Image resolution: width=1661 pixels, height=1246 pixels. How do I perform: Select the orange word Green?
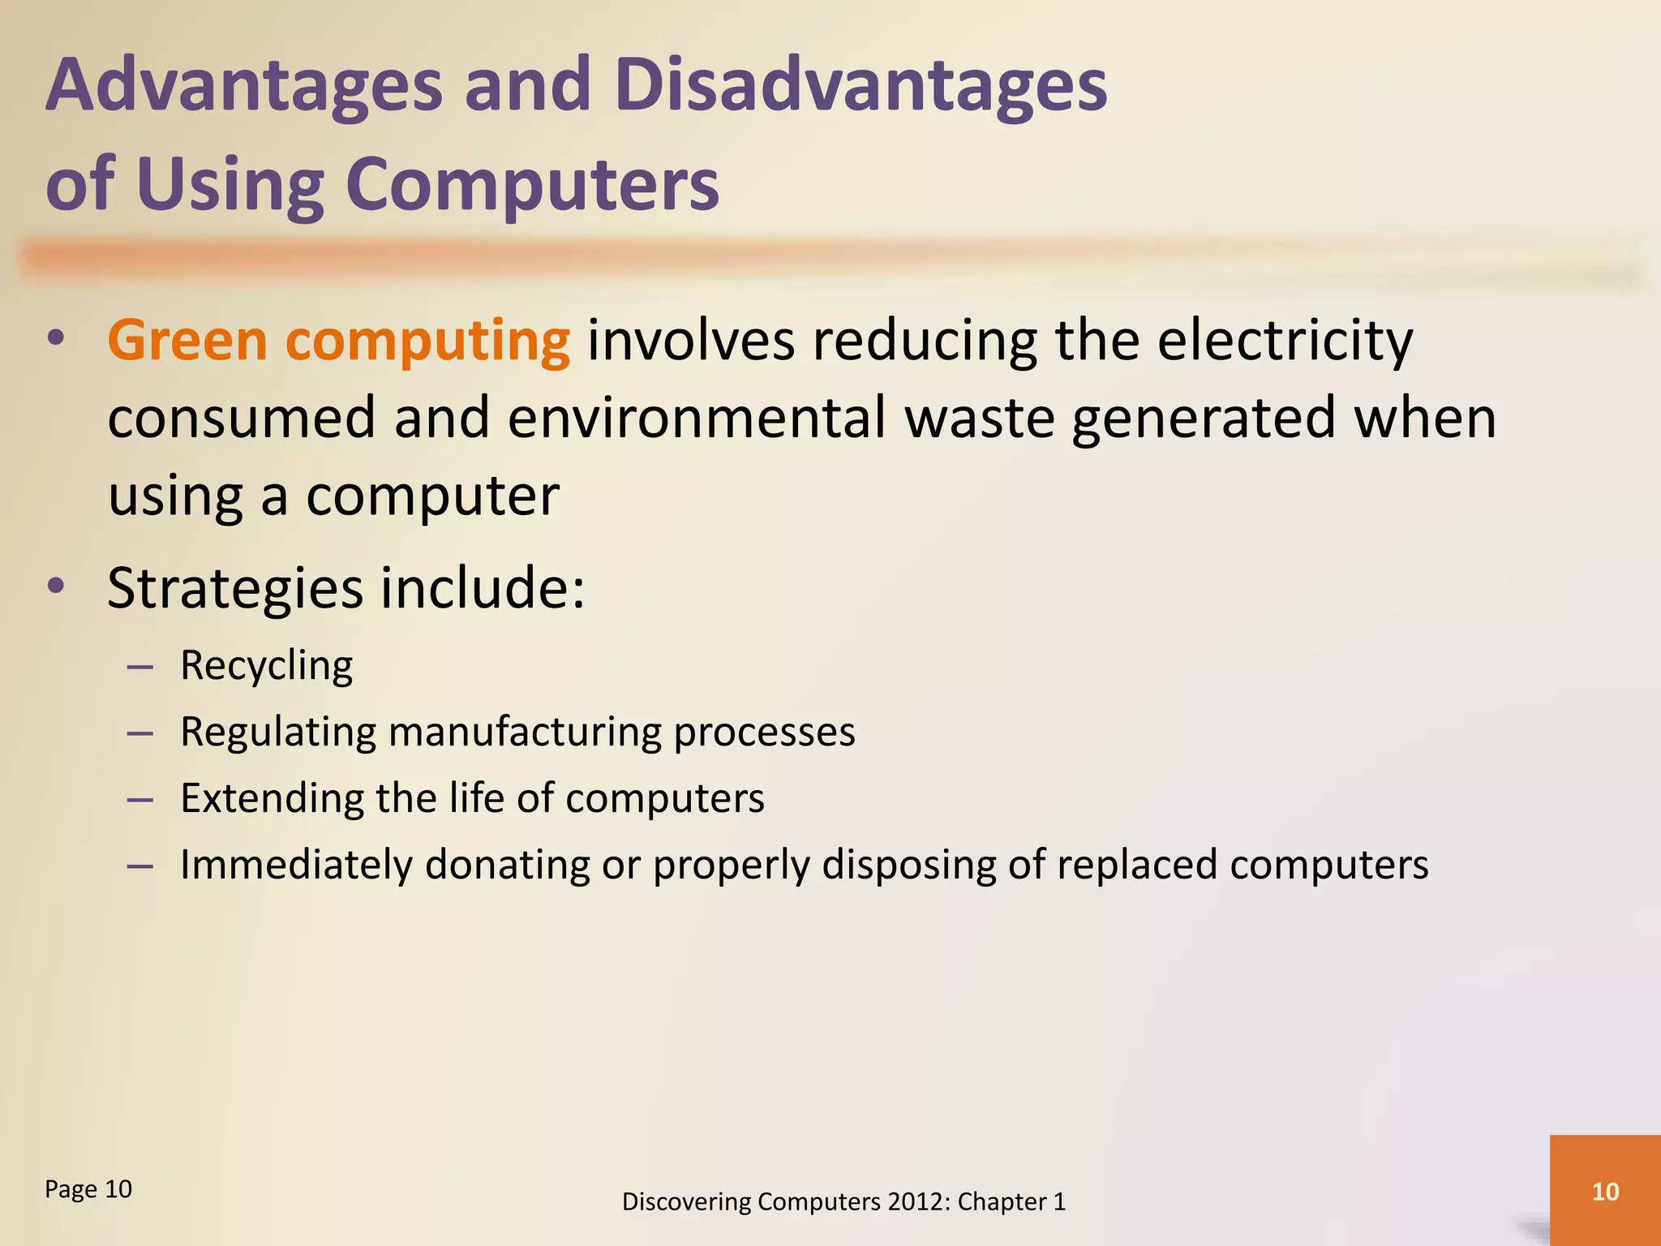tap(187, 341)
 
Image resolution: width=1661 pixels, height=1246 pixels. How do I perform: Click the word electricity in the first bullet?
tap(1285, 341)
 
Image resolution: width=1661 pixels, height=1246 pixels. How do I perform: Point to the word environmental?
tap(697, 418)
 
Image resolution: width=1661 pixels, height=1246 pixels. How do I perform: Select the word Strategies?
tap(235, 589)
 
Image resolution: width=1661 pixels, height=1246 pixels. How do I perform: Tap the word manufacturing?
tap(524, 732)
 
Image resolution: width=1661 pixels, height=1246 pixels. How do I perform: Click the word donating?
tap(507, 865)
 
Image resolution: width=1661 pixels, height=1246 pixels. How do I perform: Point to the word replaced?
tap(1136, 865)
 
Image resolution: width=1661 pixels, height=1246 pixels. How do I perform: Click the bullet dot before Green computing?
tap(55, 339)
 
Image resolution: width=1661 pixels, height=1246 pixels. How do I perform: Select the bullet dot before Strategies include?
tap(55, 586)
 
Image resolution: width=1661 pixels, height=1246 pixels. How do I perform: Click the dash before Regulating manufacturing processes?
tap(140, 733)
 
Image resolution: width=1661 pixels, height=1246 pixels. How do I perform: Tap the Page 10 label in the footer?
tap(88, 1189)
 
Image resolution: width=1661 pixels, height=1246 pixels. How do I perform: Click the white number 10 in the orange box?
tap(1605, 1191)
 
